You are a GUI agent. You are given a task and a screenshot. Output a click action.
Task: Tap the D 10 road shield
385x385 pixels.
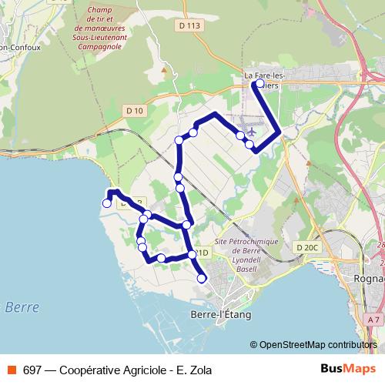pos(134,111)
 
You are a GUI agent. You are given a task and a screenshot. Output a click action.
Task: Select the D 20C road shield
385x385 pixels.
pos(306,246)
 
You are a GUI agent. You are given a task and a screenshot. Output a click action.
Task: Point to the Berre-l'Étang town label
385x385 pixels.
pos(220,314)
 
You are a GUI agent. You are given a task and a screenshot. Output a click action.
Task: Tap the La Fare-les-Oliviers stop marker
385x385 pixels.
pos(259,83)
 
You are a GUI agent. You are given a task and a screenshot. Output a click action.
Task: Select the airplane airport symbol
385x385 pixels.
pos(248,125)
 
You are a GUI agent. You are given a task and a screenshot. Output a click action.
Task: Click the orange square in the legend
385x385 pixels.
pos(11,370)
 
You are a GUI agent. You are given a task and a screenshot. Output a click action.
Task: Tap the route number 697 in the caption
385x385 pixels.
pos(32,370)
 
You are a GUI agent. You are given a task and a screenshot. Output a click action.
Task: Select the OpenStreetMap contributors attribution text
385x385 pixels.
pos(318,345)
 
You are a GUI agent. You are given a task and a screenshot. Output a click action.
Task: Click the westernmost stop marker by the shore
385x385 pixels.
pos(107,203)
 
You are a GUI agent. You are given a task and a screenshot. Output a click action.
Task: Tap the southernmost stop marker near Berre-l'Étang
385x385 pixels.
pos(203,279)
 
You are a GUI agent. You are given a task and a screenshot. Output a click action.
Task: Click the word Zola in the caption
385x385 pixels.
pos(199,370)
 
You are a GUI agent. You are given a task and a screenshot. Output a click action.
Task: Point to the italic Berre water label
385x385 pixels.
pos(22,306)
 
